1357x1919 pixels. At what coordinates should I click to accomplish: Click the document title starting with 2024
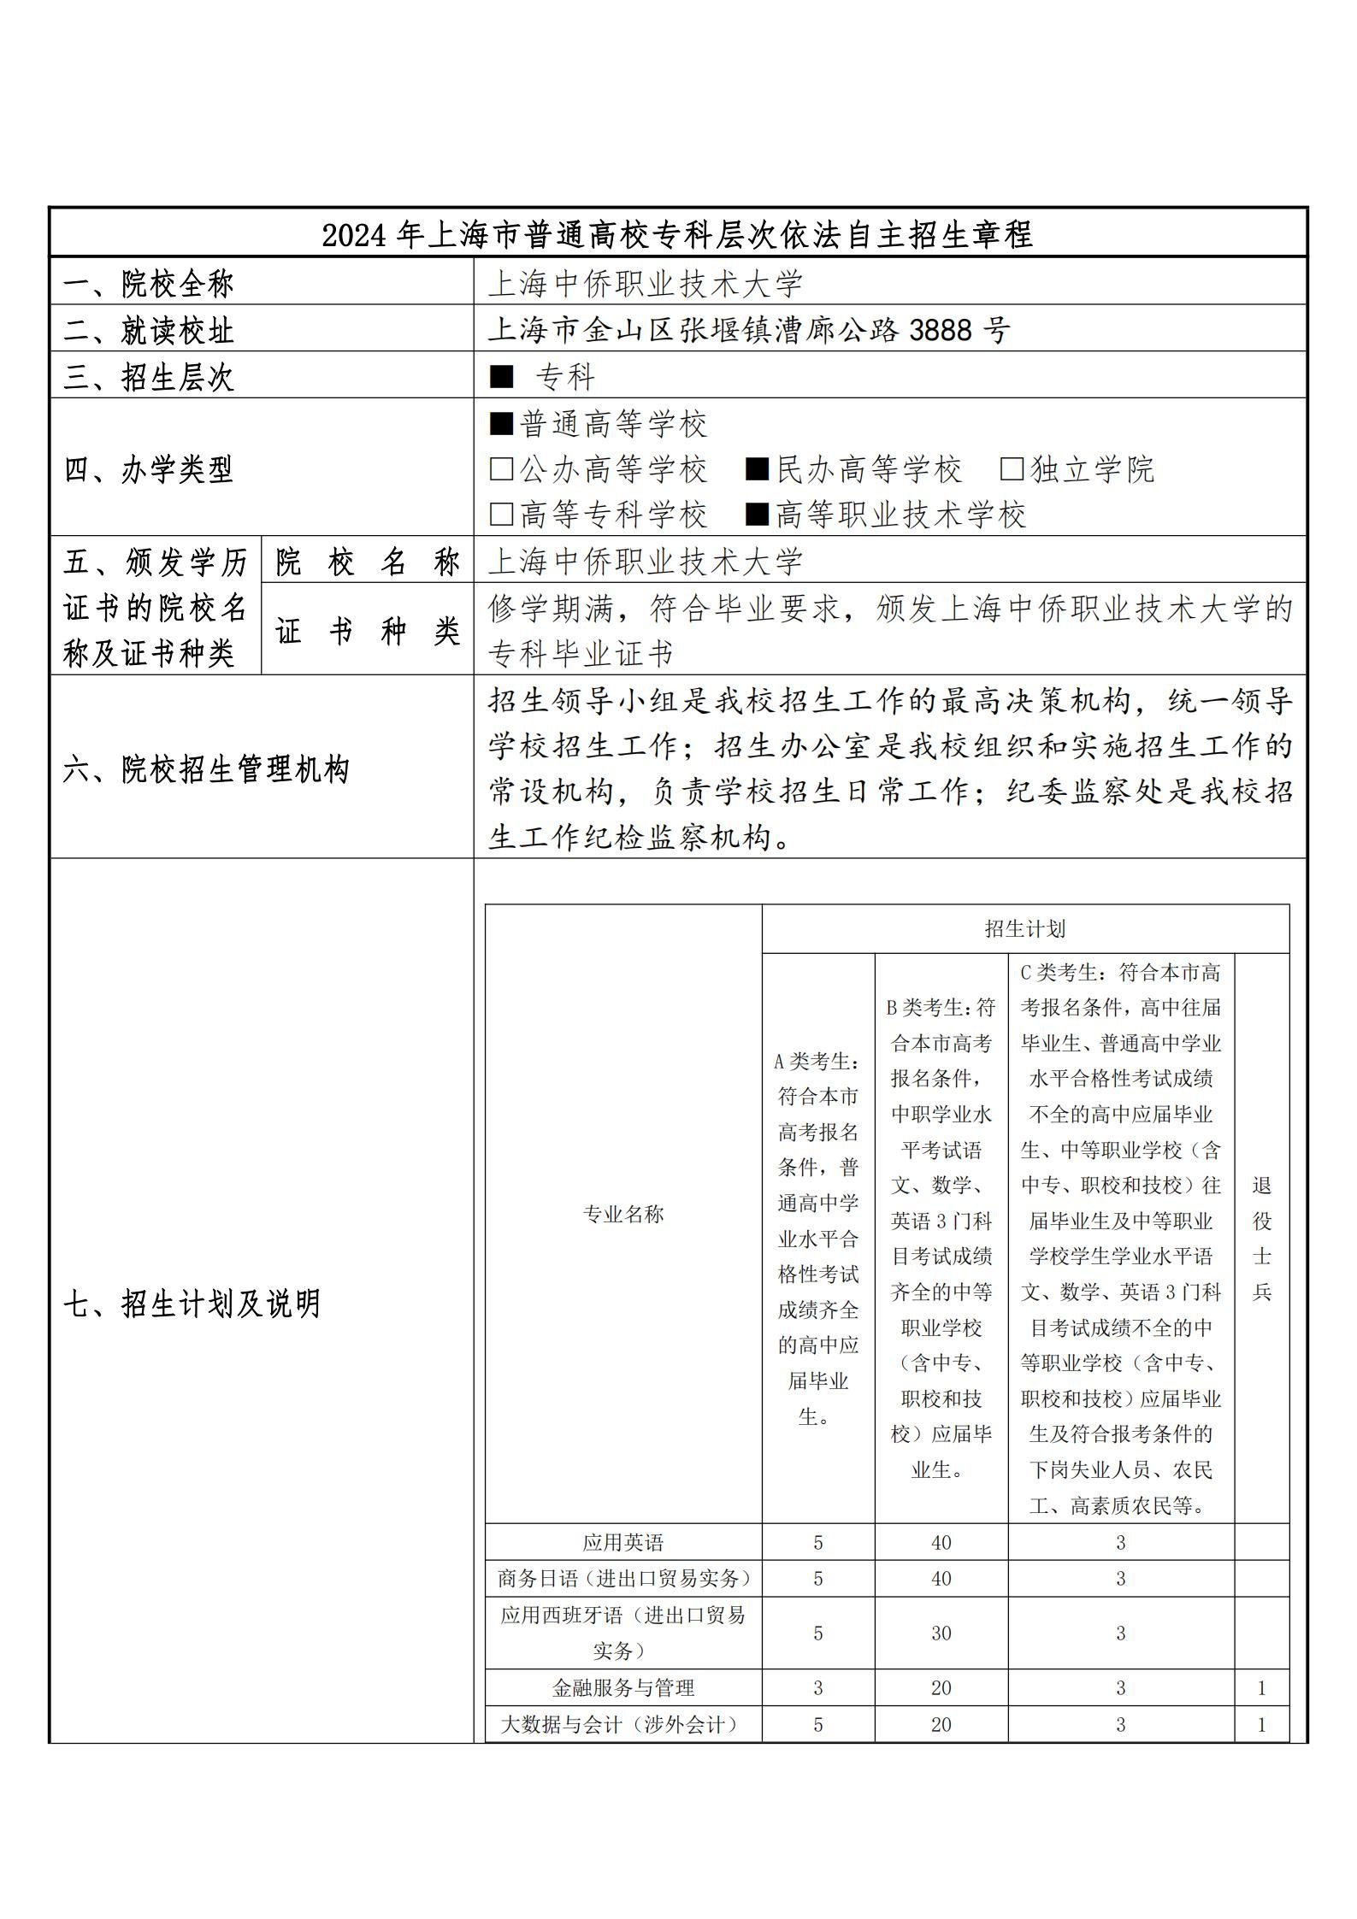point(677,233)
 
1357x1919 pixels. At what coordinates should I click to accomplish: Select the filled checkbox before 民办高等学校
point(757,468)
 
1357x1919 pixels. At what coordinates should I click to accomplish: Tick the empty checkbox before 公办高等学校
point(501,468)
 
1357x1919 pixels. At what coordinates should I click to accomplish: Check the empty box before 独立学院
point(1012,468)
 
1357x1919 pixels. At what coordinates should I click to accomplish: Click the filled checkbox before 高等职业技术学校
point(757,514)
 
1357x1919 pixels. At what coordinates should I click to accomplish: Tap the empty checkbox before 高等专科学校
point(501,514)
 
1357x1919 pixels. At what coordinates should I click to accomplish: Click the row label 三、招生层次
point(149,377)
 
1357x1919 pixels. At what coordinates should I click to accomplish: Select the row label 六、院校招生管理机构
point(206,769)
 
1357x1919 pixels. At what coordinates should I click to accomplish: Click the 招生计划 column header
point(1024,928)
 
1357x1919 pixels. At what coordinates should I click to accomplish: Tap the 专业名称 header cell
point(622,1214)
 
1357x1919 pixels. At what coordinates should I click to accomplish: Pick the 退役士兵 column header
point(1261,1238)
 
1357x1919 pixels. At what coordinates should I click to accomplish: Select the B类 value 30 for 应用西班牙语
point(941,1634)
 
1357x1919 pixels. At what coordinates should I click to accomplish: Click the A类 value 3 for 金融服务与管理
point(817,1688)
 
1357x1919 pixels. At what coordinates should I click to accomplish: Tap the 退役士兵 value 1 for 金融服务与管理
point(1261,1688)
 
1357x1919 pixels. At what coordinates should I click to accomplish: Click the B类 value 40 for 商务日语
point(941,1579)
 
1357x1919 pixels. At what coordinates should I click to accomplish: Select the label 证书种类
point(368,632)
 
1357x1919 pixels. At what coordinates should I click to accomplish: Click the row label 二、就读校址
point(149,330)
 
